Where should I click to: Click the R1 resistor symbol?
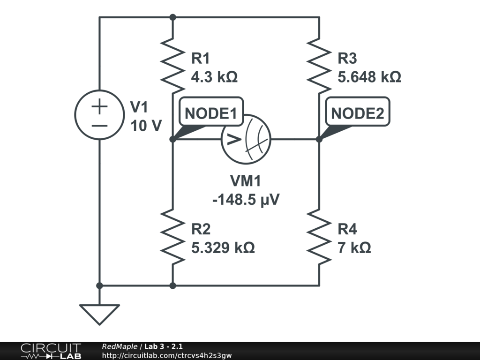pos(172,66)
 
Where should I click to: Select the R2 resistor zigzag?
pos(172,236)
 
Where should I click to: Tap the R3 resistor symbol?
pos(319,66)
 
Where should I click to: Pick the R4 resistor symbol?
pos(319,236)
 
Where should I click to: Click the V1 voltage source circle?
pos(99,114)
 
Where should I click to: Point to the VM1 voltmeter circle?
pos(246,139)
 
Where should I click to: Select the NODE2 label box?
pos(358,113)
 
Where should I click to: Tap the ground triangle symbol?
pos(99,313)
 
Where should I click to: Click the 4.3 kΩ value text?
pos(214,77)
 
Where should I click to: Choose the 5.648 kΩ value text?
pos(369,77)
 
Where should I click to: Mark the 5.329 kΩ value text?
pos(223,247)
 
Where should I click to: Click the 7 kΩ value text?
pos(354,247)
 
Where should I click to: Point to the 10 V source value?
pos(146,126)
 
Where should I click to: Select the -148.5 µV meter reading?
pos(246,200)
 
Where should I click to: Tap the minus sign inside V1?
pos(99,125)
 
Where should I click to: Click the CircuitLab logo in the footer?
pos(51,351)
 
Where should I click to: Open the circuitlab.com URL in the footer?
pos(166,356)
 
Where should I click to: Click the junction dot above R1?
pos(172,17)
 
